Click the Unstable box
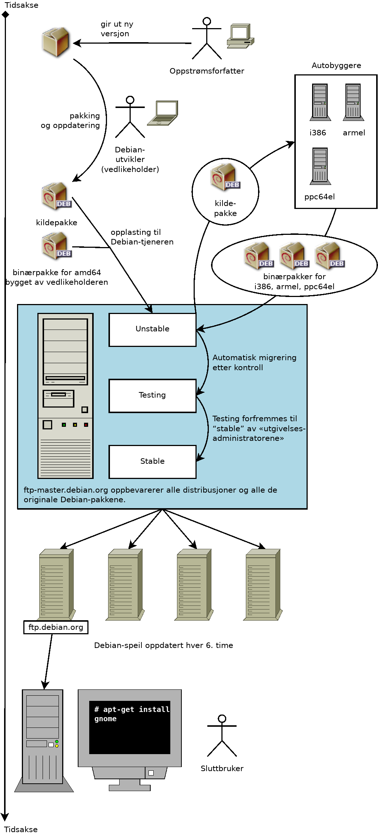click(x=152, y=330)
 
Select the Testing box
click(x=152, y=395)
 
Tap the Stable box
click(x=152, y=462)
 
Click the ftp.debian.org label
click(x=56, y=627)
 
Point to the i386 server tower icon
click(x=320, y=102)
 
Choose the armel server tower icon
click(x=353, y=102)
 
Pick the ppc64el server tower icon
click(x=320, y=166)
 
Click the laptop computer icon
click(x=163, y=113)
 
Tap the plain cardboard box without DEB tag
click(x=55, y=41)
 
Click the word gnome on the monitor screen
click(x=106, y=719)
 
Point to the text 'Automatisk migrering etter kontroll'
click(x=254, y=362)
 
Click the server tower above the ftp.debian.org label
click(x=56, y=584)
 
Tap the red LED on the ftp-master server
click(x=86, y=425)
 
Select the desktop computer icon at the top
click(x=240, y=36)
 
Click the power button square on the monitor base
click(x=151, y=773)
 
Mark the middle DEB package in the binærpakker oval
click(x=294, y=256)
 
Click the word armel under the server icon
click(x=354, y=133)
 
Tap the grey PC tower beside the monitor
click(x=43, y=738)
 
